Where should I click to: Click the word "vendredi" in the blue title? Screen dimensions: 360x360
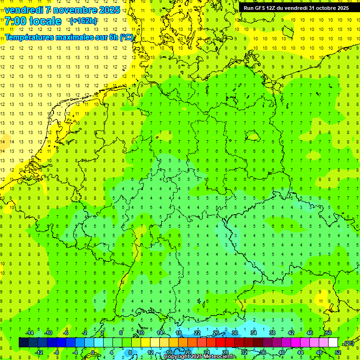[23, 10]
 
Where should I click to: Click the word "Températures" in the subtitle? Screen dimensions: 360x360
[31, 37]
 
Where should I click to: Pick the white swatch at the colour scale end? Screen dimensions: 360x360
[333, 343]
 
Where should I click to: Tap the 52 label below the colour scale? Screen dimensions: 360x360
[337, 352]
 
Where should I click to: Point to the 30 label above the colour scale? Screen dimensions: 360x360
[234, 333]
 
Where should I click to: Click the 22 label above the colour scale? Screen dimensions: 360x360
[197, 333]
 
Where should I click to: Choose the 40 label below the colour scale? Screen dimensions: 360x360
[281, 352]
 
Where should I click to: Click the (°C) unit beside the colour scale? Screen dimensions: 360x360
[348, 343]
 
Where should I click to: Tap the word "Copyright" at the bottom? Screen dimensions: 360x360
[177, 357]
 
